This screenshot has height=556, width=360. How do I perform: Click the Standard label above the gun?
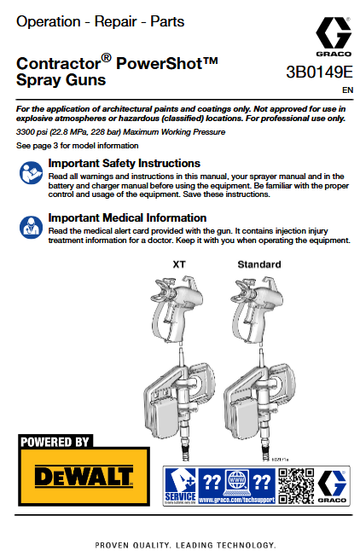coord(258,264)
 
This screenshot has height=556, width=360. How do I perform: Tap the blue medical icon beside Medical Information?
coord(29,227)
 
